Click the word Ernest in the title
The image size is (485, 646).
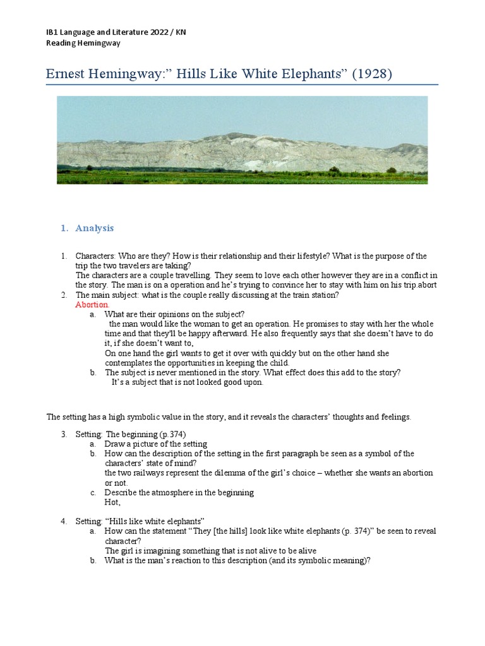click(68, 74)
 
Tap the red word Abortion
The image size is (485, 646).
click(92, 304)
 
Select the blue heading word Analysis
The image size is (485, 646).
click(95, 228)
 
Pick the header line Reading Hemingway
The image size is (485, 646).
click(83, 43)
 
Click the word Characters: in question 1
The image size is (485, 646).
click(96, 256)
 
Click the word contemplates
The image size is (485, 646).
click(130, 363)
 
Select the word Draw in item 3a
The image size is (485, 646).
click(115, 443)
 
